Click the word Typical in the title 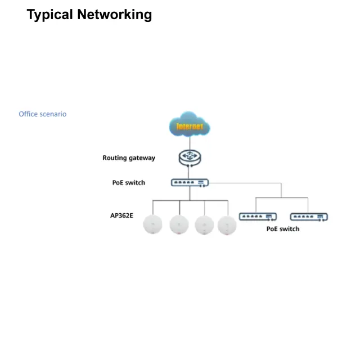coord(50,15)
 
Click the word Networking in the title coord(115,15)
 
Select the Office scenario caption coord(43,114)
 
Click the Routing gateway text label coord(129,158)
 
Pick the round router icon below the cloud coord(190,158)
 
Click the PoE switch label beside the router coord(129,183)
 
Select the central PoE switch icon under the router coord(190,183)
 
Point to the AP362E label coord(122,215)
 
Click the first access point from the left coord(152,224)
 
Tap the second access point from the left coord(178,224)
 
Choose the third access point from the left coord(204,224)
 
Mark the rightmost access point coord(227,224)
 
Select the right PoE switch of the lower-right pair coord(308,217)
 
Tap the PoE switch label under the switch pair coord(282,229)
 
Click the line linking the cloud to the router coord(190,143)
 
